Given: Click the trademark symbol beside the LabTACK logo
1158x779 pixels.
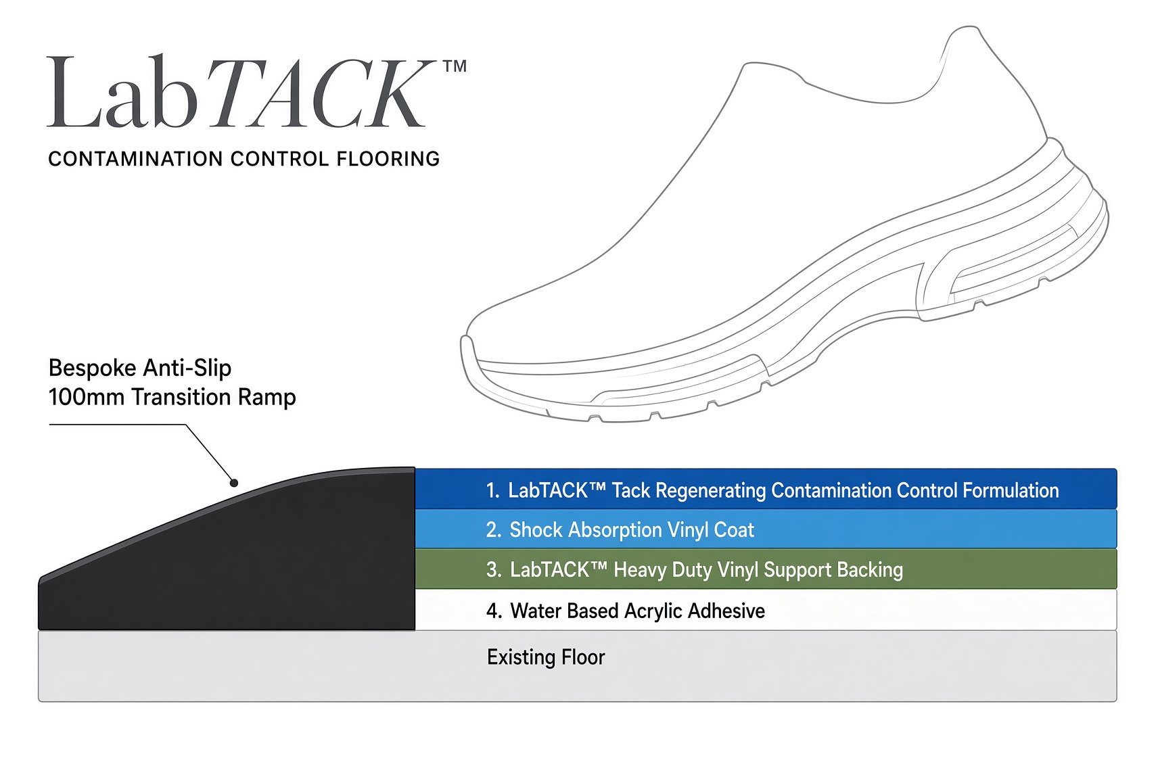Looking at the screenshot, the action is [x=455, y=66].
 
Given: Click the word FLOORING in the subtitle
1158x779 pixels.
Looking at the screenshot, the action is [x=388, y=159].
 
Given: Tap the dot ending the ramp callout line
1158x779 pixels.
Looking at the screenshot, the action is [x=234, y=483].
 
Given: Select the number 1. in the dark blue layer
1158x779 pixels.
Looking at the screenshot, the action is [x=492, y=490].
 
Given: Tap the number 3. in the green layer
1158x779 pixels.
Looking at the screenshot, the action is [x=494, y=569].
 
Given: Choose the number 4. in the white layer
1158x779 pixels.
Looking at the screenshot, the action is [x=494, y=611].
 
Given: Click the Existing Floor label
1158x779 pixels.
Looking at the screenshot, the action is [x=546, y=657].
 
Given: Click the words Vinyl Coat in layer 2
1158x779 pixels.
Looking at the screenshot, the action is [x=710, y=530].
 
